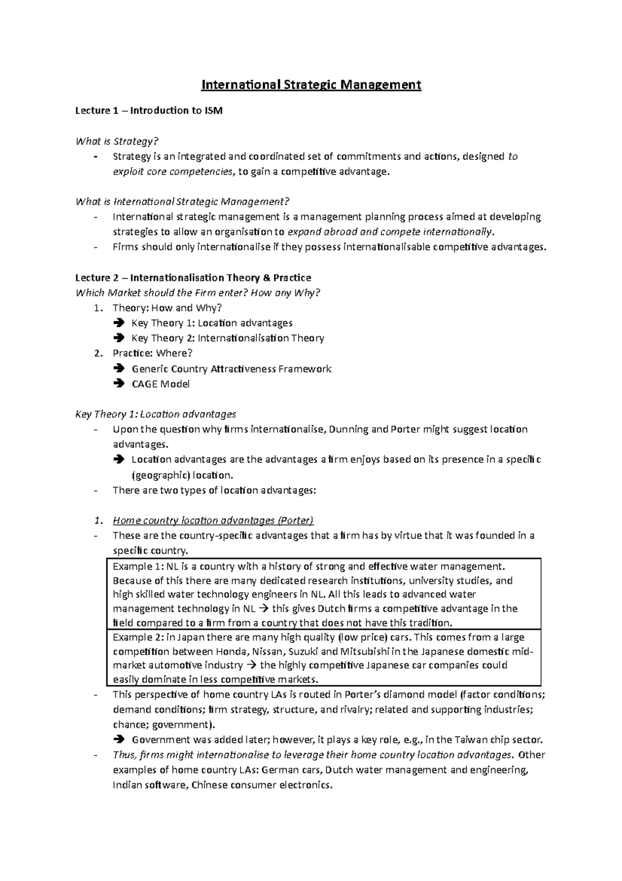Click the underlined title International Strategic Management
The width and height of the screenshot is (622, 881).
[x=311, y=85]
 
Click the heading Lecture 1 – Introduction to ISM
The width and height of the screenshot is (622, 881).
[x=149, y=111]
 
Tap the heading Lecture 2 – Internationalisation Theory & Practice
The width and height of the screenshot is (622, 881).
[x=193, y=278]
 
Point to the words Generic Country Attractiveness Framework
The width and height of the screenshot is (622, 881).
[x=231, y=369]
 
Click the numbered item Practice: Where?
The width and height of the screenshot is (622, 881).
[x=152, y=353]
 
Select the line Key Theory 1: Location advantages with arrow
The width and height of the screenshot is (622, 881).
[x=212, y=323]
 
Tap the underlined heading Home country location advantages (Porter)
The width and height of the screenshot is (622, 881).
[x=213, y=520]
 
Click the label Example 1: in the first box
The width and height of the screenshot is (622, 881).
[x=136, y=567]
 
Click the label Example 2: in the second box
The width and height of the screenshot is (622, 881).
[x=136, y=637]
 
